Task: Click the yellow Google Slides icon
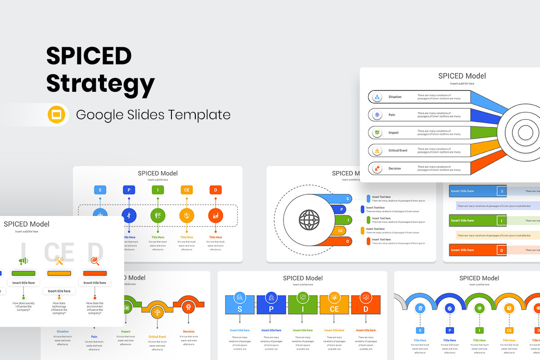[x=57, y=115]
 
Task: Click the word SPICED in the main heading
[x=89, y=56]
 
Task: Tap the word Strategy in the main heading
[x=100, y=84]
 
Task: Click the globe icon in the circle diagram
[x=309, y=220]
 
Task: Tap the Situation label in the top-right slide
[x=395, y=97]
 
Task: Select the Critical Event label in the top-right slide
[x=398, y=150]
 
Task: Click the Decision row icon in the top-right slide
[x=377, y=168]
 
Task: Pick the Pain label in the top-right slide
[x=391, y=115]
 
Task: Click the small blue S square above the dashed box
[x=100, y=190]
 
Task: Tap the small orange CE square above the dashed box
[x=187, y=190]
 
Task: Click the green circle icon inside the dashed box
[x=158, y=216]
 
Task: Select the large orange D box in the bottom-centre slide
[x=366, y=304]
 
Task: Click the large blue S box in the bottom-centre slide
[x=240, y=304]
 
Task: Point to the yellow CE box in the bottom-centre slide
[x=334, y=304]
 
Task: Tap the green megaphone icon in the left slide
[x=23, y=261]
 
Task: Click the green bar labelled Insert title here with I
[x=478, y=220]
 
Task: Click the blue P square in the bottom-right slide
[x=450, y=330]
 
